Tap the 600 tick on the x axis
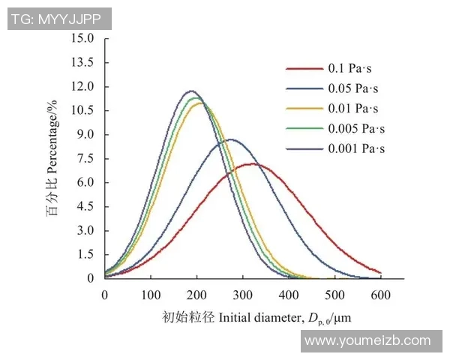(x=381, y=295)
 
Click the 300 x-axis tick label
(x=243, y=295)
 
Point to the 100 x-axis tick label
(x=151, y=295)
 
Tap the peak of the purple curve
(x=190, y=91)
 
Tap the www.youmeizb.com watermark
(x=367, y=340)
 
